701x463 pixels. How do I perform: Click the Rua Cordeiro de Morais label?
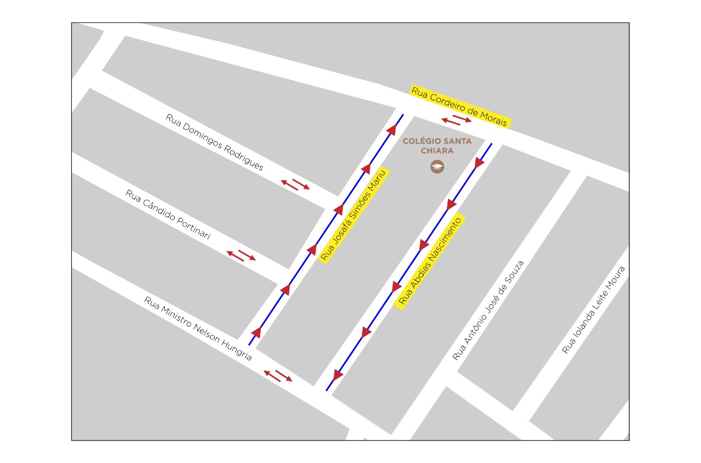[x=460, y=107]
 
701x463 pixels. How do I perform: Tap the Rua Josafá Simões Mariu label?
[x=354, y=215]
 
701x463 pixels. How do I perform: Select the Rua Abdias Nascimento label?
[x=430, y=261]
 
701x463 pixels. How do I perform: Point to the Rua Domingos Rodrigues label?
[x=215, y=142]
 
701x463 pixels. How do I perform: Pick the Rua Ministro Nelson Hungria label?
[x=198, y=328]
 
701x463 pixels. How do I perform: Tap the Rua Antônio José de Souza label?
[x=488, y=310]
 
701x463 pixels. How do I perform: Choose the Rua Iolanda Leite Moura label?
[x=594, y=310]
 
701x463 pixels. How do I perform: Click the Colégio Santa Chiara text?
[x=437, y=146]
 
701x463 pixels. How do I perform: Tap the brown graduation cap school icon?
[x=437, y=166]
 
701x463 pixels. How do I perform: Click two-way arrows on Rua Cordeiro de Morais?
[x=456, y=120]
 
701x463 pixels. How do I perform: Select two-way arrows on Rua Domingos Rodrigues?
[x=295, y=184]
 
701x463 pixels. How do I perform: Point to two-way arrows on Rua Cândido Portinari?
[x=242, y=255]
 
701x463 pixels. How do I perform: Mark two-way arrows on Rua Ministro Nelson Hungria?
[x=278, y=375]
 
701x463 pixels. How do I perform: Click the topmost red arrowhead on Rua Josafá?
[x=392, y=130]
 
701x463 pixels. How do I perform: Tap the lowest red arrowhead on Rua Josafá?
[x=256, y=332]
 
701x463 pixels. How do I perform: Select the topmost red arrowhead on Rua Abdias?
[x=479, y=163]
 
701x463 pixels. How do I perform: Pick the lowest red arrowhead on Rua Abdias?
[x=338, y=375]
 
